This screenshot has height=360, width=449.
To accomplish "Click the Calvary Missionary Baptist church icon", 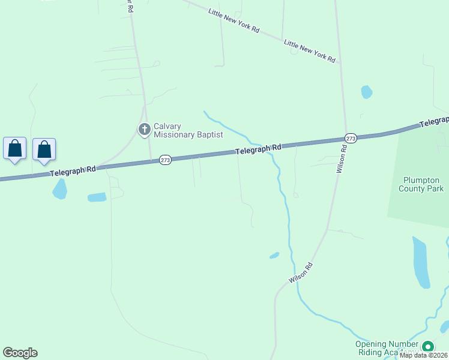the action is tap(144, 129).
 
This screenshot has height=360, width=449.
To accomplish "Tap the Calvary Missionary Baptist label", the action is tap(188, 130).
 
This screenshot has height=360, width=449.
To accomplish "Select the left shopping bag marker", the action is tap(15, 148).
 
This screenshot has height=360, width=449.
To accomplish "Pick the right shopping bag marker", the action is tap(44, 149).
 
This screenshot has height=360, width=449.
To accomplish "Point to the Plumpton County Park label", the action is tap(423, 184).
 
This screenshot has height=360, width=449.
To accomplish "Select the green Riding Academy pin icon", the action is tap(428, 347).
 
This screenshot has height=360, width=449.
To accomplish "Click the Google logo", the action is tap(20, 353).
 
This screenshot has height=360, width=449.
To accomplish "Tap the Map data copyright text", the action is tap(424, 355).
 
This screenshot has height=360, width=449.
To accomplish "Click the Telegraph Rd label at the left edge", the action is tap(73, 171).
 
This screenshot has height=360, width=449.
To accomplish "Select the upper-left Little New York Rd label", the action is tap(234, 20).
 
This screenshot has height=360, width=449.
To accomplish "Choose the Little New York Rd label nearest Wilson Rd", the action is tap(309, 51).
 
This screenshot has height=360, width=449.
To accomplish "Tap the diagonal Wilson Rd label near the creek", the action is tap(301, 272).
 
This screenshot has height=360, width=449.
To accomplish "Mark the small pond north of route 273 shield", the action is tap(366, 92).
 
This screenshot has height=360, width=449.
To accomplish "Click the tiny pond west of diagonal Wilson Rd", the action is tap(274, 256).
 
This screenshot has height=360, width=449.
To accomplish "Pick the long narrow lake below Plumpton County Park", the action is tap(421, 262).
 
